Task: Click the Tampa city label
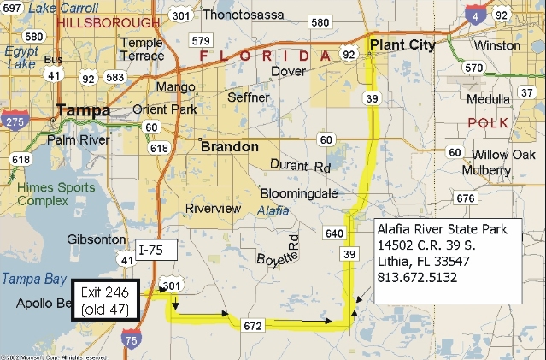83,110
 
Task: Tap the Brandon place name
229,147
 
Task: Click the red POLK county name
488,123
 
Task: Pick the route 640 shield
333,233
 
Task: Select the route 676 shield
465,198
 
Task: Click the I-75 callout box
155,250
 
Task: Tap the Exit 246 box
106,299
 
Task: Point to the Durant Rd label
300,165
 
